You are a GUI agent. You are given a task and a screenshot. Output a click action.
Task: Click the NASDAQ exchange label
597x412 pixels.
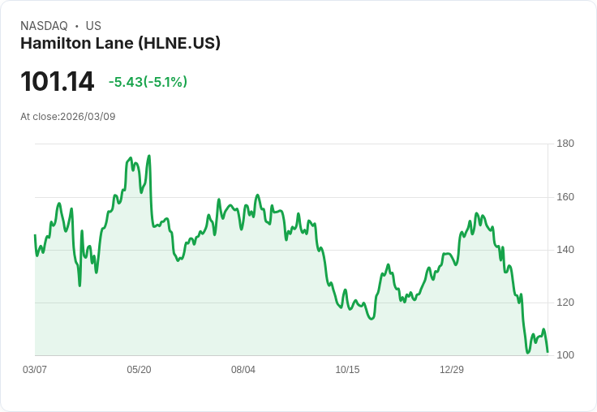click(44, 26)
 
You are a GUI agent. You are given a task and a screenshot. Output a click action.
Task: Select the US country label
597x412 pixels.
click(93, 26)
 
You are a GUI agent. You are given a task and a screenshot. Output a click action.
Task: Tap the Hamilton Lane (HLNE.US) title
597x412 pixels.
click(120, 44)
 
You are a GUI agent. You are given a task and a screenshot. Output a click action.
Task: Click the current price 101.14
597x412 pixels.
click(57, 82)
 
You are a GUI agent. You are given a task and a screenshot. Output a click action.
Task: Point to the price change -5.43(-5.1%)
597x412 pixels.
click(148, 82)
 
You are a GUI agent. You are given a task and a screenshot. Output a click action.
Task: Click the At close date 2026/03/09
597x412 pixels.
click(68, 117)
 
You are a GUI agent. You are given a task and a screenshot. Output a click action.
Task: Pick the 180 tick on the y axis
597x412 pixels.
click(565, 144)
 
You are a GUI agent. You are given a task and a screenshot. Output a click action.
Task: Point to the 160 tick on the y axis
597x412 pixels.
click(565, 197)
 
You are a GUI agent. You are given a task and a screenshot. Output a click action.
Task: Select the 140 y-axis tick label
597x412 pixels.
click(565, 250)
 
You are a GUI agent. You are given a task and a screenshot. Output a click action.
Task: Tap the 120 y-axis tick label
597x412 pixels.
click(565, 303)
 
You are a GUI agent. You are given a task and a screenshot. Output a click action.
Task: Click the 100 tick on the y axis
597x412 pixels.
click(565, 355)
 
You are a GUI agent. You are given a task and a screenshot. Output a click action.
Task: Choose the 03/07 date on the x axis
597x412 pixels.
click(35, 370)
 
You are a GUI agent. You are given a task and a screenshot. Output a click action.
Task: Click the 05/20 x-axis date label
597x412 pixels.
click(139, 370)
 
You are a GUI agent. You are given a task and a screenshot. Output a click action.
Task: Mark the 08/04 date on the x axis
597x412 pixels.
click(243, 370)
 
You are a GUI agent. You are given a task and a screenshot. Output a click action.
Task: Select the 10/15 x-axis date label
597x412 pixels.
click(347, 370)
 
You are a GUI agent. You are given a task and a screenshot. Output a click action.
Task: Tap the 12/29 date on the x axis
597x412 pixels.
click(452, 370)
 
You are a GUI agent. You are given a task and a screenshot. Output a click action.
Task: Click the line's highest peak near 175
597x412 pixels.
click(149, 156)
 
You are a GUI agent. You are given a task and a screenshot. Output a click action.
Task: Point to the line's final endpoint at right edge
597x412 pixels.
click(548, 352)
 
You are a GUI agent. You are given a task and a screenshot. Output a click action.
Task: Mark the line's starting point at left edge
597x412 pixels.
click(35, 235)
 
